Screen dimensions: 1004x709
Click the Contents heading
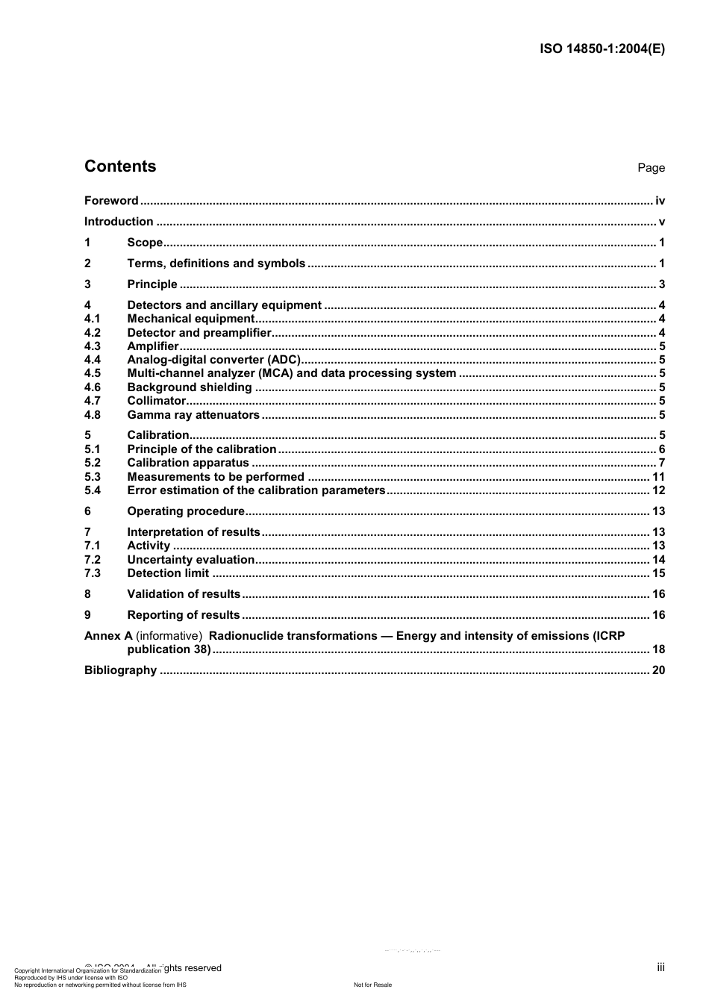pos(120,166)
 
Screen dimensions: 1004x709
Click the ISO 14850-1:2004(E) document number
pos(602,49)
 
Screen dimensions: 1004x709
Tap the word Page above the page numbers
pos(651,168)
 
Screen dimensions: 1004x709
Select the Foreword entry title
pos(111,201)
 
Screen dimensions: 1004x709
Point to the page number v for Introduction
pos(661,222)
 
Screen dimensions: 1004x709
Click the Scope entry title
pos(145,243)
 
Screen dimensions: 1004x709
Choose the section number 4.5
pos(92,373)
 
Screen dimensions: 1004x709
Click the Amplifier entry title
pos(153,346)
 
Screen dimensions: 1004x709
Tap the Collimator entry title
pos(156,401)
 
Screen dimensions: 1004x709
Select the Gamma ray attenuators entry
pos(193,415)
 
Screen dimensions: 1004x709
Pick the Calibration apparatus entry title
pos(188,463)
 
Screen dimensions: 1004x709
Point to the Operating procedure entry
pos(186,511)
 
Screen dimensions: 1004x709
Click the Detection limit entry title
pos(168,573)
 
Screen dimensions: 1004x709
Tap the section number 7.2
pos(92,560)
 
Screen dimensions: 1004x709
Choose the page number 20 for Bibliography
pos(658,670)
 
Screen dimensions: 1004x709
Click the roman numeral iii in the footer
pos(660,967)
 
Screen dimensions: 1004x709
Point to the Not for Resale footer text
pos(372,985)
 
